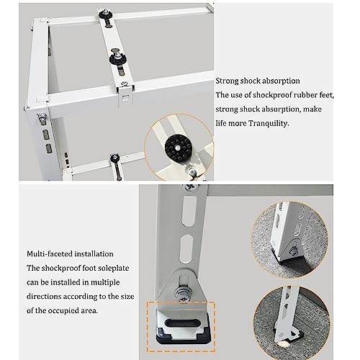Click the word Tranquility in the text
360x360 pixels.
click(x=269, y=123)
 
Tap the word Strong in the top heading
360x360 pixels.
click(x=227, y=81)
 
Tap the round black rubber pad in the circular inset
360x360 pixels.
click(x=177, y=147)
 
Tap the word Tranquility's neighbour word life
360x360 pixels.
click(x=221, y=123)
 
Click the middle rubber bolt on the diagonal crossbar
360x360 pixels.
click(x=117, y=58)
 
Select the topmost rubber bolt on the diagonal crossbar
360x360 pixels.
click(x=107, y=16)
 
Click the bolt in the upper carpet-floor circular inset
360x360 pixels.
click(x=293, y=252)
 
